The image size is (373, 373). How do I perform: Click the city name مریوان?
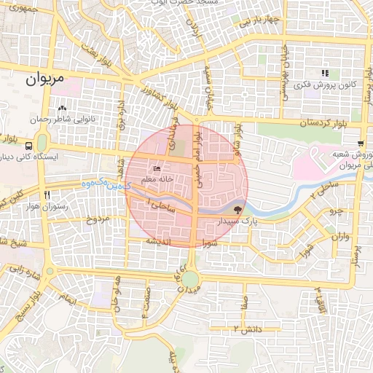click(x=44, y=76)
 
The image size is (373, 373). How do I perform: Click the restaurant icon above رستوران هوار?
click(x=48, y=195)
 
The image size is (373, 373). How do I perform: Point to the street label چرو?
click(x=335, y=211)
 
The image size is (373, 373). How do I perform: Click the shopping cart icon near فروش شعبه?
click(x=361, y=142)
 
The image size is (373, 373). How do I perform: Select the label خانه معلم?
click(x=158, y=179)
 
